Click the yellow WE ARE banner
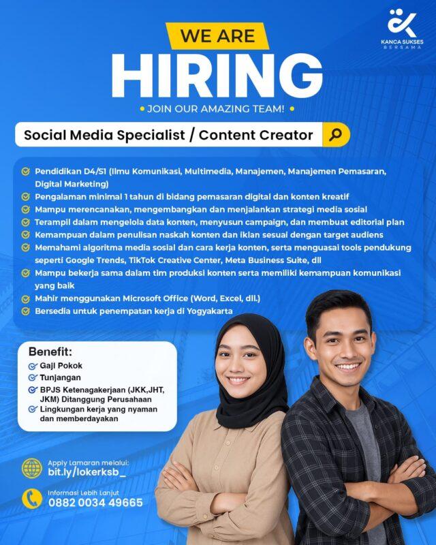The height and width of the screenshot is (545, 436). click(217, 35)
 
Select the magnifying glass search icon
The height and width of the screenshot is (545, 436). click(335, 134)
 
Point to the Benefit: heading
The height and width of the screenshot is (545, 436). click(50, 352)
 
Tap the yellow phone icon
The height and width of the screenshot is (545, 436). click(31, 498)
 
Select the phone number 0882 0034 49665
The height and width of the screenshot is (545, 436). click(95, 503)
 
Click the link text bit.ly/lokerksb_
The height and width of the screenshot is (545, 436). click(87, 473)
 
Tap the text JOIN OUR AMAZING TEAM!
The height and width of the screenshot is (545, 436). click(217, 108)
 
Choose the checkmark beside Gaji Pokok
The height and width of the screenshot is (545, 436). click(32, 366)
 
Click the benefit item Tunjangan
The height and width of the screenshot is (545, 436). click(61, 377)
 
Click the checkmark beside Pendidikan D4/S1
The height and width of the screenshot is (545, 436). click(26, 172)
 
